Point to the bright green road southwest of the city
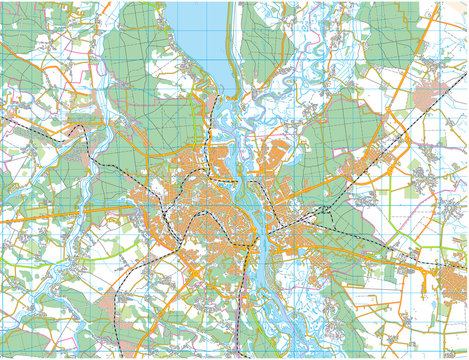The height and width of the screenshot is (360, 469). (60, 262)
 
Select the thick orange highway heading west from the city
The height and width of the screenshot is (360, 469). (60, 212)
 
